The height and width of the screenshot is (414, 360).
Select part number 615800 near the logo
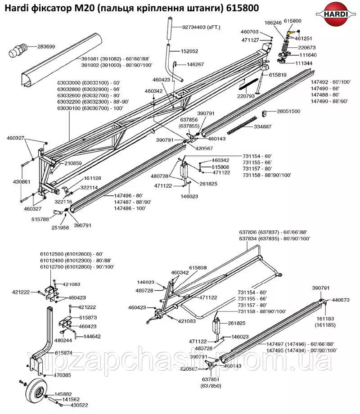[292, 21]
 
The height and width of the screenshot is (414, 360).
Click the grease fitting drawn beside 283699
[18, 49]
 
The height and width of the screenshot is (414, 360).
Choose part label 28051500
[288, 111]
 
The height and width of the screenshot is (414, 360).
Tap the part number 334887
[262, 126]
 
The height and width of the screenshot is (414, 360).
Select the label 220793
[246, 96]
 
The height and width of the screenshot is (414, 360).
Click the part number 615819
[278, 75]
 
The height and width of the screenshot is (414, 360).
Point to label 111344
[304, 63]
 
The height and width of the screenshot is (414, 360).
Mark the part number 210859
[73, 163]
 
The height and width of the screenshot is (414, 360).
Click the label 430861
[22, 182]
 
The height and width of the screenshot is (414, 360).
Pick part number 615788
[40, 219]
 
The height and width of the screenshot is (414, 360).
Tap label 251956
[60, 228]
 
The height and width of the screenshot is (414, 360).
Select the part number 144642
[92, 337]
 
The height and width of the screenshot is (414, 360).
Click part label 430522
[79, 405]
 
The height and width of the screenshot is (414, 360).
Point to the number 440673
[341, 300]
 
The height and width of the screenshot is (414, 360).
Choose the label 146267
[195, 64]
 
